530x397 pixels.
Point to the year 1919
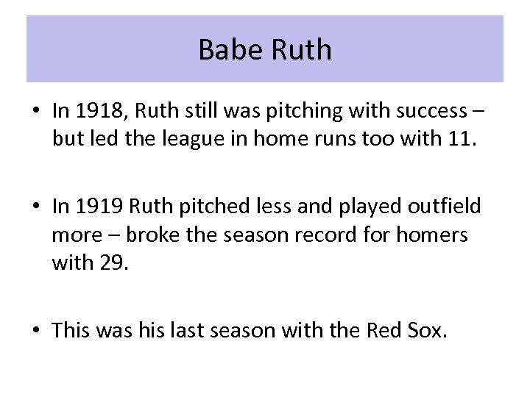[96, 207]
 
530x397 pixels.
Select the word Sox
[427, 332]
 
